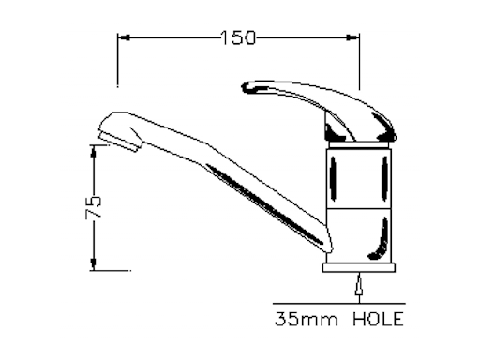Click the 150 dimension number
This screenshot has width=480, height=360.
click(238, 37)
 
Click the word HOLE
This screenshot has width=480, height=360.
click(378, 320)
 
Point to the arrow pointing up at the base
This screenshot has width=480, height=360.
click(359, 284)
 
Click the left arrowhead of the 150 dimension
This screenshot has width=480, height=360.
click(123, 37)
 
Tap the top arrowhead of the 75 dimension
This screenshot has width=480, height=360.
click(94, 153)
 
